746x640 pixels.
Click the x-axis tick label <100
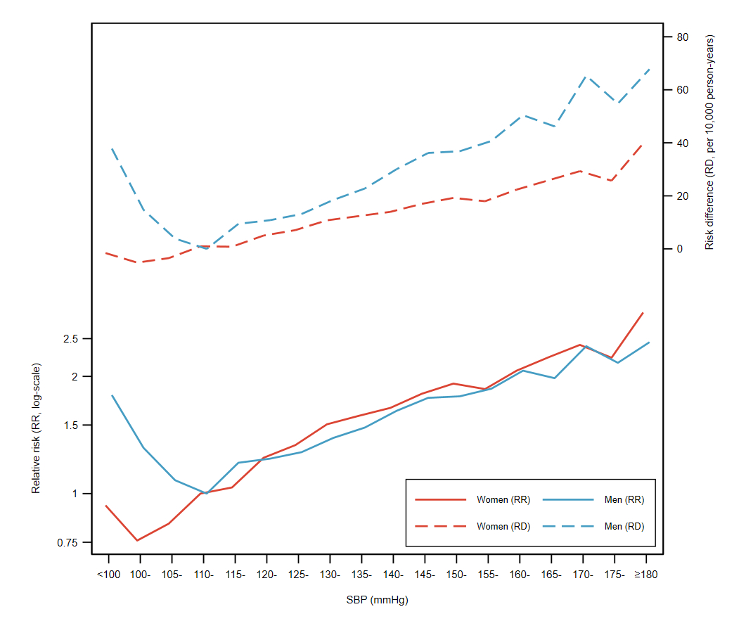pyautogui.click(x=109, y=574)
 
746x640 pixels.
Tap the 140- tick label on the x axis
pyautogui.click(x=393, y=574)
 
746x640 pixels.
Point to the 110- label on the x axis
pyautogui.click(x=203, y=574)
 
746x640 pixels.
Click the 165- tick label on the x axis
pyautogui.click(x=551, y=574)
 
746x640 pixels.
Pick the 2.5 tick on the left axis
pyautogui.click(x=71, y=339)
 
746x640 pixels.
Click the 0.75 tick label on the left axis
pyautogui.click(x=68, y=542)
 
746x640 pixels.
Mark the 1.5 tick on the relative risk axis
pyautogui.click(x=71, y=425)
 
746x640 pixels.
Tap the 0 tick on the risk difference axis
pyautogui.click(x=679, y=249)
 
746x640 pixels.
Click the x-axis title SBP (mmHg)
pyautogui.click(x=377, y=601)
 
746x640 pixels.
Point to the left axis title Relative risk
pyautogui.click(x=36, y=428)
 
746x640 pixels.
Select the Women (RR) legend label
pyautogui.click(x=503, y=500)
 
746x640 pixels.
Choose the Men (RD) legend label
pyautogui.click(x=624, y=526)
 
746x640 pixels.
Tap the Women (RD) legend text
pyautogui.click(x=503, y=526)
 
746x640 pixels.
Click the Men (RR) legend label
pyautogui.click(x=624, y=500)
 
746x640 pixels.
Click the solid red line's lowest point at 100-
pyautogui.click(x=137, y=540)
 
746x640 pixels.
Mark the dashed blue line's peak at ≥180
pyautogui.click(x=648, y=69)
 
